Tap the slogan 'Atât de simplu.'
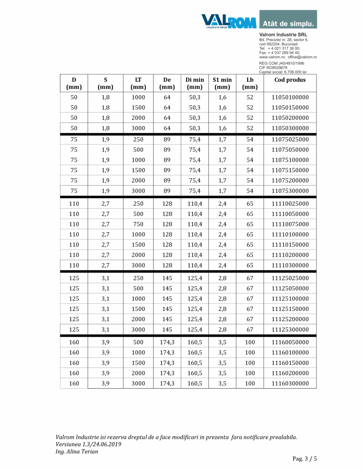click(x=288, y=23)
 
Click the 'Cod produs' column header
click(x=290, y=80)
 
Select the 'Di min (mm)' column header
click(x=195, y=83)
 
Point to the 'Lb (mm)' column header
click(x=250, y=83)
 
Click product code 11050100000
click(x=290, y=98)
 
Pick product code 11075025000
click(x=290, y=140)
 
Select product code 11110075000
click(x=290, y=224)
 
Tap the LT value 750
click(x=138, y=224)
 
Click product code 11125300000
click(x=290, y=329)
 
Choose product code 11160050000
click(x=290, y=342)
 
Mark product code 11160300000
click(x=290, y=384)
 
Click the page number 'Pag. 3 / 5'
click(x=305, y=459)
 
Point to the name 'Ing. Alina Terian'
click(x=77, y=451)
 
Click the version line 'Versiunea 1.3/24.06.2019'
click(x=88, y=444)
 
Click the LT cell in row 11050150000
click(x=138, y=108)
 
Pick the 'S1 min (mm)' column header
click(x=222, y=83)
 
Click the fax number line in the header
click(x=279, y=53)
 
